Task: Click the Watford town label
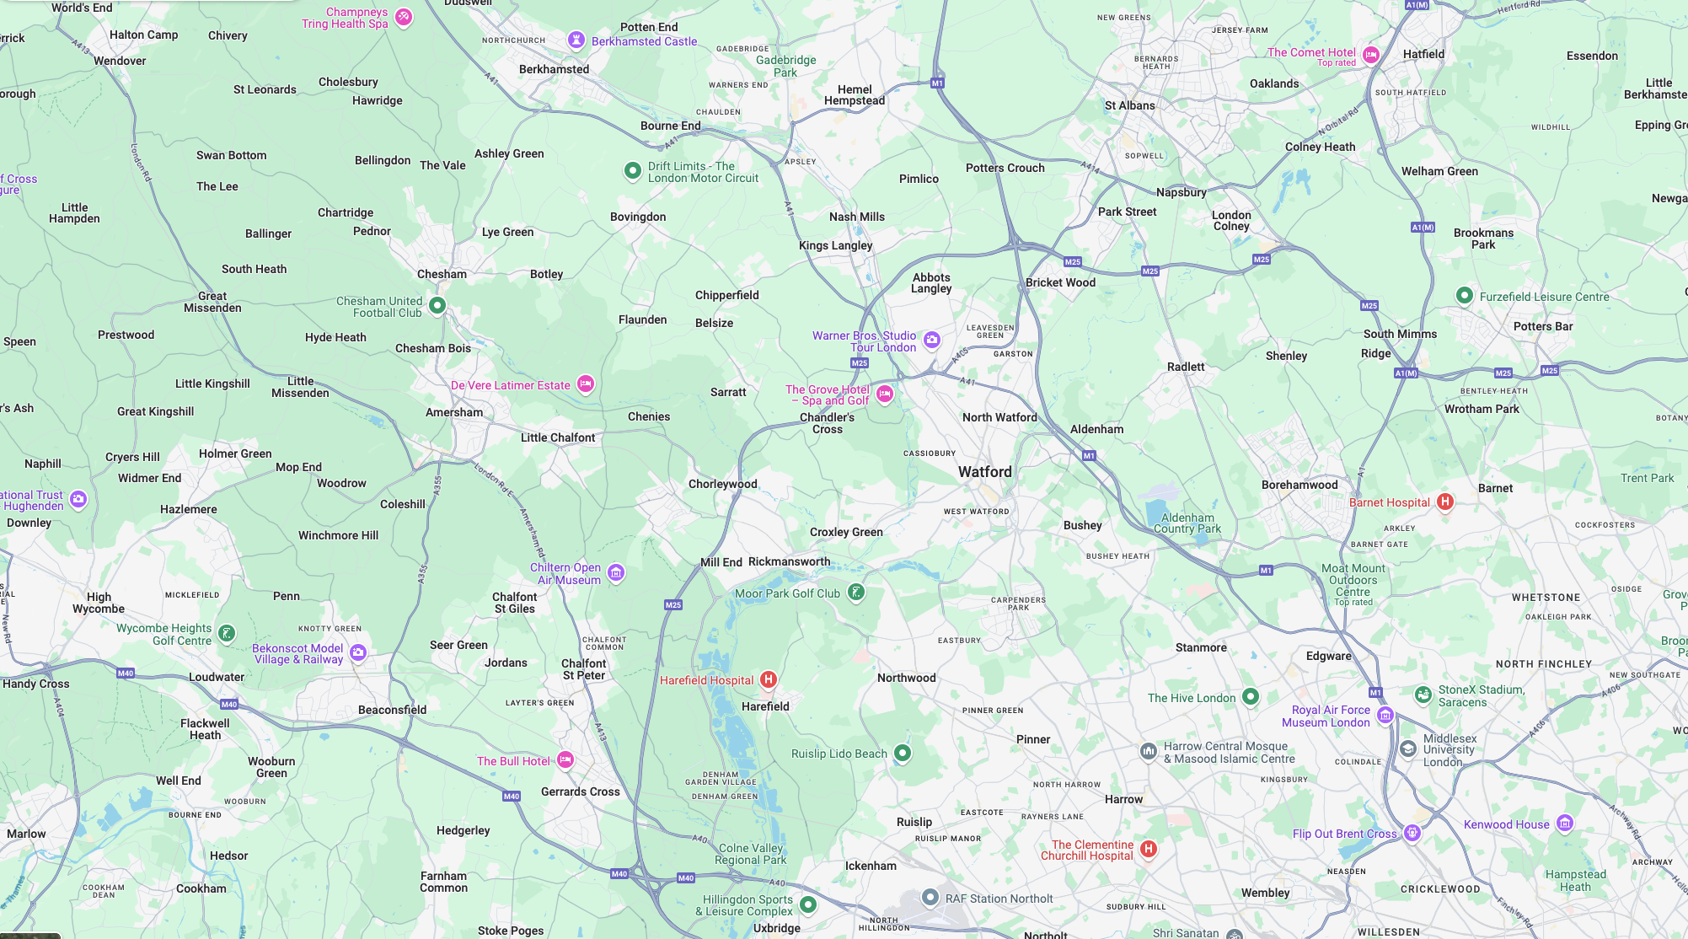984,472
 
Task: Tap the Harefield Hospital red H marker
768,679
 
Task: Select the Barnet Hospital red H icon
1444,502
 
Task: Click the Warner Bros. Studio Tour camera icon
931,340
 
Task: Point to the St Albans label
1129,105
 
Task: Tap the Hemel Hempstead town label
855,95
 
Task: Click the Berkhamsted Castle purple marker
576,40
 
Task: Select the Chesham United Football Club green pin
437,305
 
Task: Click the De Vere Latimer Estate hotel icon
585,384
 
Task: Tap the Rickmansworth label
789,561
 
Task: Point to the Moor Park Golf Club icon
855,593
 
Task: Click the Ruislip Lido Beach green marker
902,753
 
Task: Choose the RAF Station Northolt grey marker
930,898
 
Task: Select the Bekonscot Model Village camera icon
358,652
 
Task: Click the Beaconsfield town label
392,710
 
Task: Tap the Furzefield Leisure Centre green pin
1464,296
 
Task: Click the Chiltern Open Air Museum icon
616,573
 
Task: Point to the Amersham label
454,412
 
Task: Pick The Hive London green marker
1250,696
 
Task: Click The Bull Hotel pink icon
565,760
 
